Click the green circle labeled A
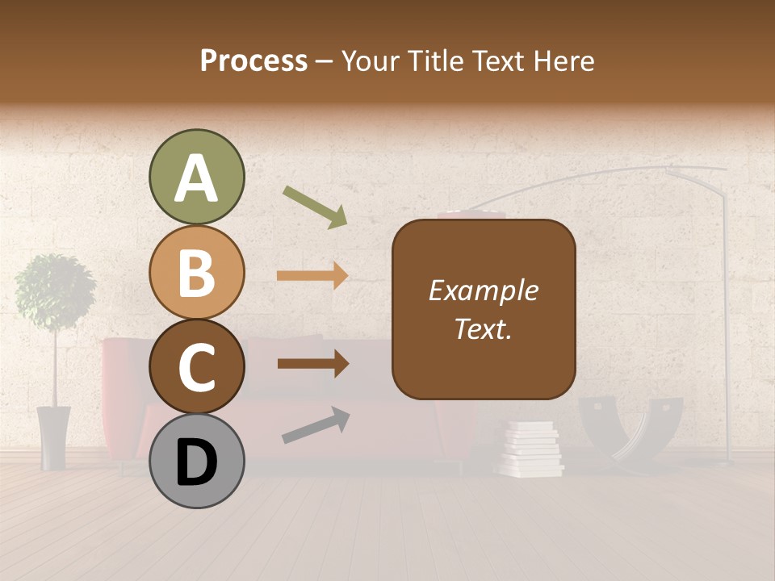tap(196, 178)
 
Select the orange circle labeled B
tap(196, 272)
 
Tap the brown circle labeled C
tap(196, 366)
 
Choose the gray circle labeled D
tap(196, 461)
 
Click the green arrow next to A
tap(315, 207)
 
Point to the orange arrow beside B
tap(312, 275)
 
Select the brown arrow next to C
tap(312, 364)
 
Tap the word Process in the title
tap(253, 61)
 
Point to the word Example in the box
tap(484, 290)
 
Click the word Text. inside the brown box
tap(484, 329)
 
